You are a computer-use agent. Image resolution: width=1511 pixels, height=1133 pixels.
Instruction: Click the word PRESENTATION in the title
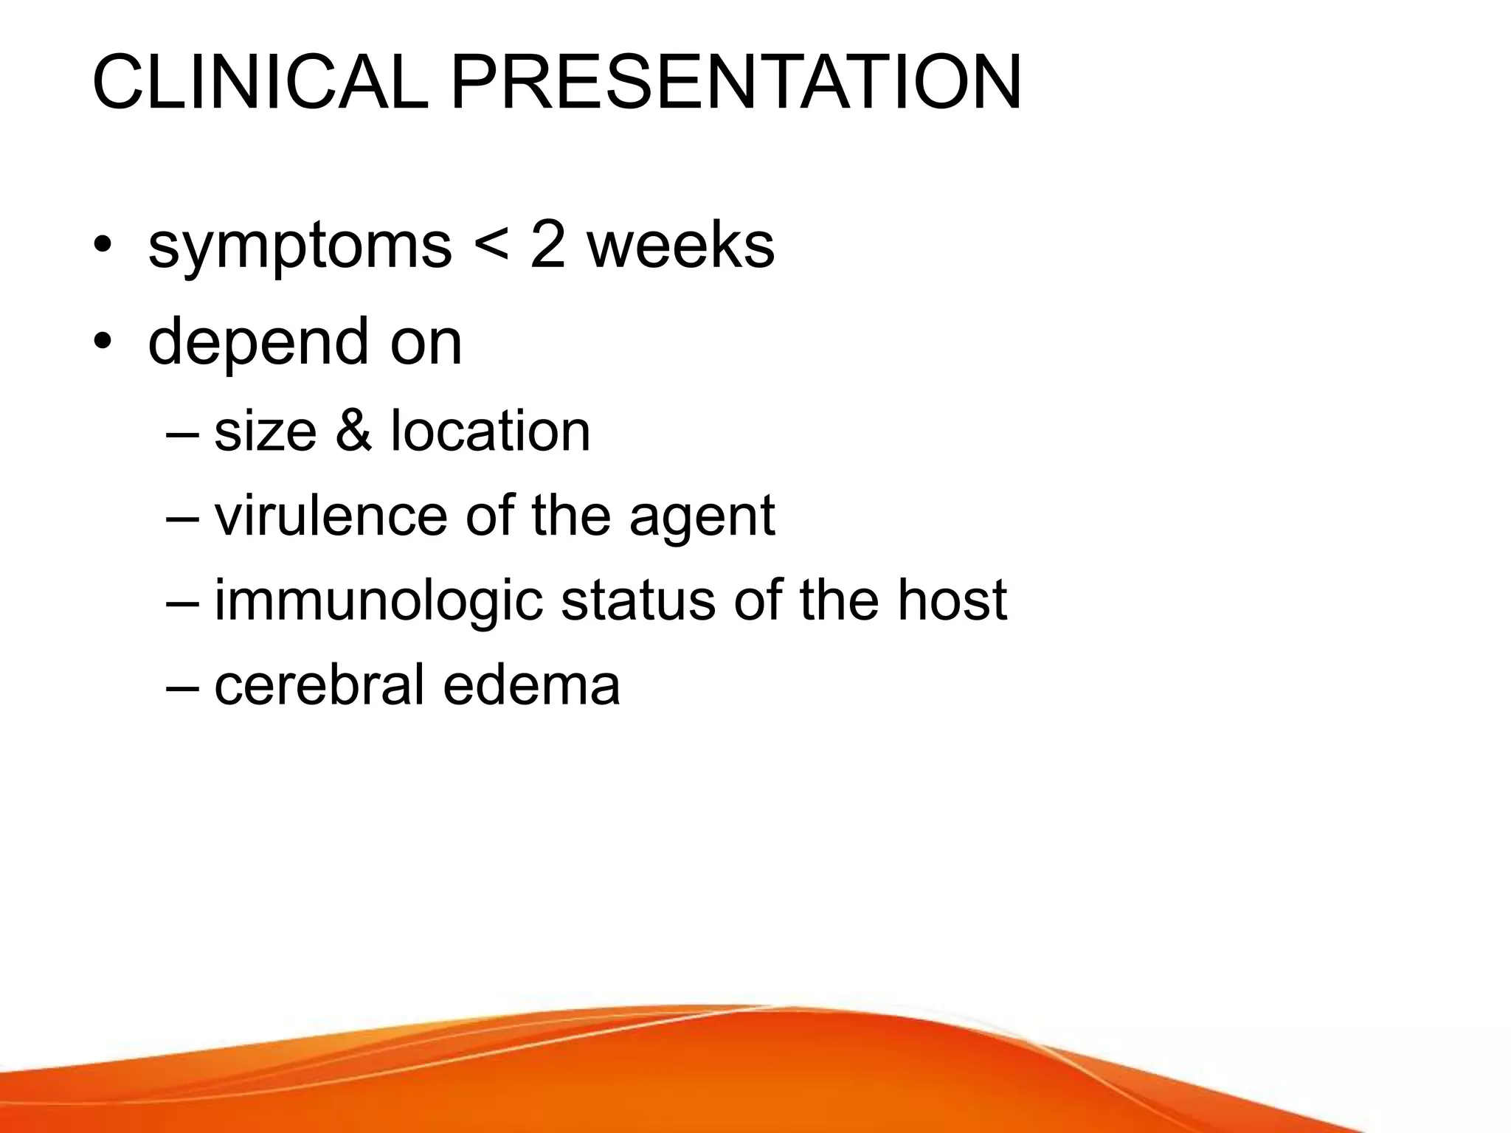[736, 83]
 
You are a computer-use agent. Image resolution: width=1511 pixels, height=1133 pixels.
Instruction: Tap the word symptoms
[300, 247]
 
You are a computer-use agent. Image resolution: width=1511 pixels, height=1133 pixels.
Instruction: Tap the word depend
[257, 342]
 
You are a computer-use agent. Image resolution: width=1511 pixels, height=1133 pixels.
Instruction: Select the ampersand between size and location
[354, 431]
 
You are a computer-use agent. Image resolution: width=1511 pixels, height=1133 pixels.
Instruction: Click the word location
[491, 431]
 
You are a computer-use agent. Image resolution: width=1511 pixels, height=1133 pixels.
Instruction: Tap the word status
[638, 600]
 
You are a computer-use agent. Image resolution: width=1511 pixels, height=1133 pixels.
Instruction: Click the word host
[952, 600]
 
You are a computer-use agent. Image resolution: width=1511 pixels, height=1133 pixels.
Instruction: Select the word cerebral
[319, 684]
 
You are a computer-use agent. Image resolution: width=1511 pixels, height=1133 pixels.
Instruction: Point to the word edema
[531, 684]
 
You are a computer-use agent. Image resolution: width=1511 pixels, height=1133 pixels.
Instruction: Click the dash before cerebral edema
[182, 685]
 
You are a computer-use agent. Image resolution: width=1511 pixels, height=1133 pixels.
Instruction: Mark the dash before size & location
[182, 432]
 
